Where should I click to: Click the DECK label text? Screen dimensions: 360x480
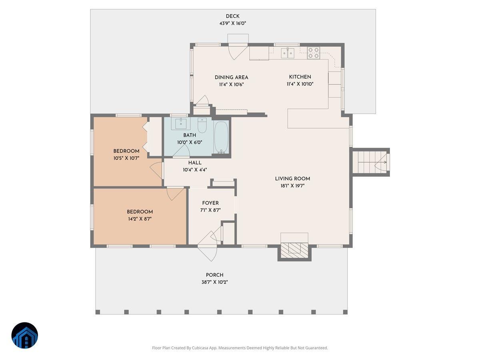[232, 16]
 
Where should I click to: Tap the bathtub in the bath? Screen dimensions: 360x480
[221, 137]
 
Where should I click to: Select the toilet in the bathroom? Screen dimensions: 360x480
[202, 125]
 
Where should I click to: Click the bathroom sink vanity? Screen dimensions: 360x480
[181, 124]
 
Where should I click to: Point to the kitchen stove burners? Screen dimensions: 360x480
[313, 53]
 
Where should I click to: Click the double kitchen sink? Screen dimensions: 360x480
[288, 52]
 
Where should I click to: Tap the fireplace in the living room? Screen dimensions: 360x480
[294, 249]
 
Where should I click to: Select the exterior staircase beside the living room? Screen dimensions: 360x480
[370, 162]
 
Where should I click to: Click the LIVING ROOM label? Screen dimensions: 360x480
[292, 179]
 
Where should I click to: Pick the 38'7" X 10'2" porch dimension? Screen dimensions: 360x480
[214, 282]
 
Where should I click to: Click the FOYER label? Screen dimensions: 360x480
[210, 203]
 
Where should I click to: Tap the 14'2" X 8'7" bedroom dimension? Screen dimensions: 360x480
[140, 219]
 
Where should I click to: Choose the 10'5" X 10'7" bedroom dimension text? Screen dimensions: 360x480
[126, 158]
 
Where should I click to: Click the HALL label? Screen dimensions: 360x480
[195, 163]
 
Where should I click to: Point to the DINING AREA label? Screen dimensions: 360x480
[231, 78]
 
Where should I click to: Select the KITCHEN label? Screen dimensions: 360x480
[300, 77]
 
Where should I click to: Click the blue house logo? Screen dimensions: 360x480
[24, 335]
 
